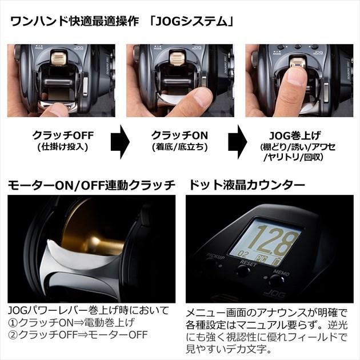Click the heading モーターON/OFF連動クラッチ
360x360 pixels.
[x=91, y=186]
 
